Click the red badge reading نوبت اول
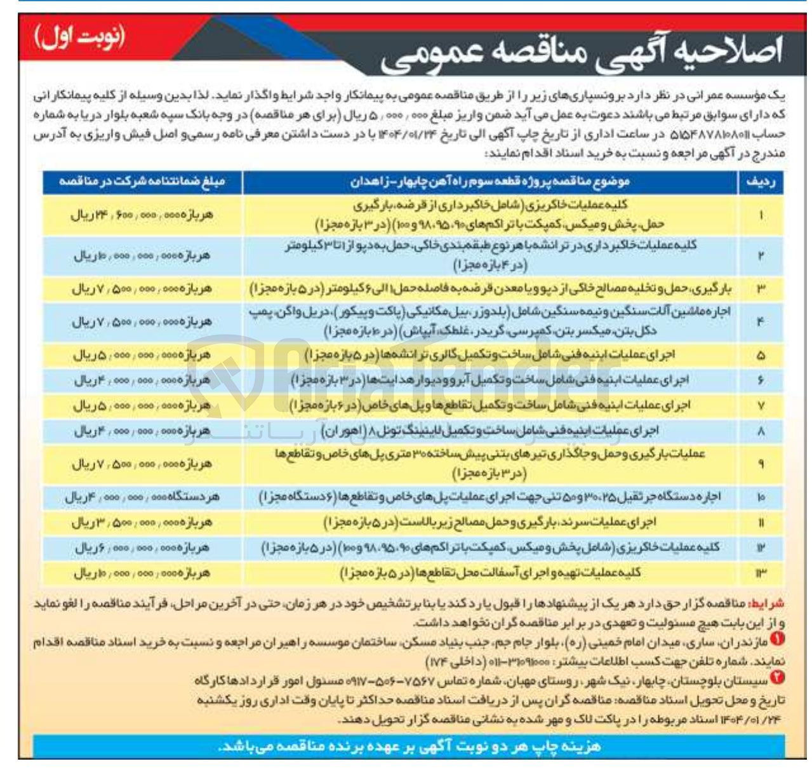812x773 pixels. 80,39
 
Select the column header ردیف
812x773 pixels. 761,182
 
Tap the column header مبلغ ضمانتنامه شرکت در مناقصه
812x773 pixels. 142,182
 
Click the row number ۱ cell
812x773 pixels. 761,215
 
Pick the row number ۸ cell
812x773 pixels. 761,431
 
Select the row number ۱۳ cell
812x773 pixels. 761,573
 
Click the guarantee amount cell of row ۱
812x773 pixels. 142,215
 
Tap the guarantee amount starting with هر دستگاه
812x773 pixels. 142,497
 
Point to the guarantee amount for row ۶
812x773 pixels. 142,380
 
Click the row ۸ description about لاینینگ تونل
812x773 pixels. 489,431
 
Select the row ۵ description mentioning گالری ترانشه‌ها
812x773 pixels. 489,355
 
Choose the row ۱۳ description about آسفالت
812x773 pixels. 489,573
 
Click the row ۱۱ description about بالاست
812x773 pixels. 489,522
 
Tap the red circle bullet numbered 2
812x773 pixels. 778,679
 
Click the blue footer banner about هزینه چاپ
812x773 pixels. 409,746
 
